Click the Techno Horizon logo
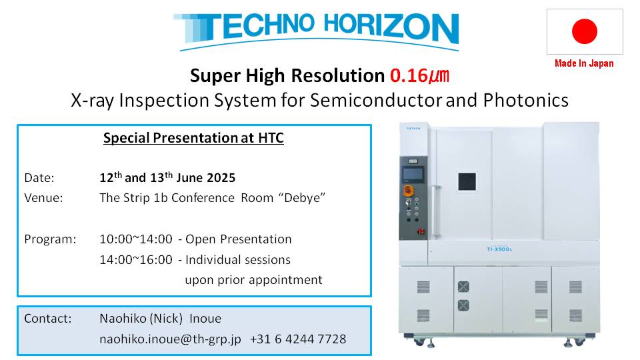(x=316, y=31)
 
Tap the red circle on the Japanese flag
(x=585, y=31)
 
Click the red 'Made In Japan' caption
(x=584, y=63)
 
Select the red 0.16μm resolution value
(x=419, y=76)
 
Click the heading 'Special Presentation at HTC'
(x=193, y=138)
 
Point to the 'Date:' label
(x=39, y=178)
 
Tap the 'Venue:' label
(x=44, y=198)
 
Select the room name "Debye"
(x=302, y=198)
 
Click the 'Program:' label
(x=50, y=239)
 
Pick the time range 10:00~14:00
(x=136, y=239)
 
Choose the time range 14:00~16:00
(x=136, y=259)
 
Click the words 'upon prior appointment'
(x=253, y=280)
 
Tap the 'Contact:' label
(x=48, y=319)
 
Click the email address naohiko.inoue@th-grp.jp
(x=170, y=339)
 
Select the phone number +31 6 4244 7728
(x=298, y=339)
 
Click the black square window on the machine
(x=467, y=181)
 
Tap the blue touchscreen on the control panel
(x=413, y=174)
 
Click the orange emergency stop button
(x=408, y=190)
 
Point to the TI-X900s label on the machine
(x=499, y=249)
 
